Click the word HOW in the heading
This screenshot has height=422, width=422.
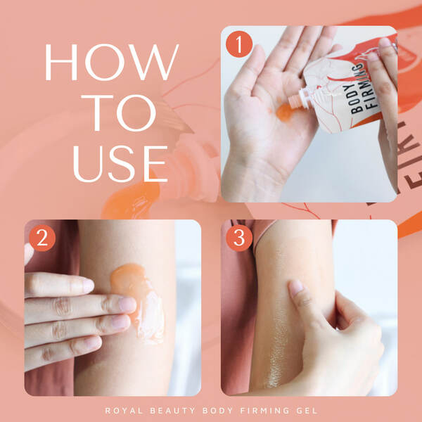(111, 62)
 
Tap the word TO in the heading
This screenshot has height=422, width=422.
(118, 113)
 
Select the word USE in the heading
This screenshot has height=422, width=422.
(120, 164)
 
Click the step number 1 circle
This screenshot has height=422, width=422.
(239, 44)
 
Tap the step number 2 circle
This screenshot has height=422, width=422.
(42, 238)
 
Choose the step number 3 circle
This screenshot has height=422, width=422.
(239, 238)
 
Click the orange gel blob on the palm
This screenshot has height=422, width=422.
(284, 112)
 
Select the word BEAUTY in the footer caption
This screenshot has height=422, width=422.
(172, 411)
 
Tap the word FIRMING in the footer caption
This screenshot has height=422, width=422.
(264, 411)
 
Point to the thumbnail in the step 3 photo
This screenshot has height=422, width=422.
(296, 288)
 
